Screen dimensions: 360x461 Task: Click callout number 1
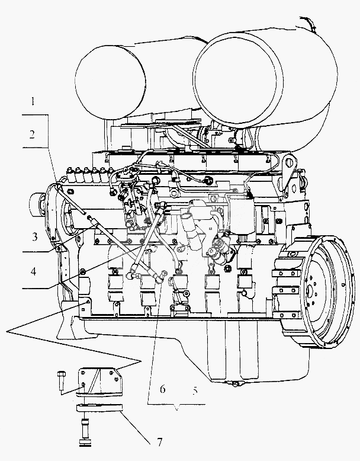tap(33, 102)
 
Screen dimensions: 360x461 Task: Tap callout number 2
tap(32, 135)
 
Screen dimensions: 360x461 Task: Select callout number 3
tap(35, 236)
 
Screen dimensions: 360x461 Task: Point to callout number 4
tap(34, 271)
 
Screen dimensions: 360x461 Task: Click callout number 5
tap(195, 390)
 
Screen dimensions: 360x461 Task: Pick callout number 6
tap(162, 389)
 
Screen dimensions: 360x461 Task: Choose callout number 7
tap(160, 441)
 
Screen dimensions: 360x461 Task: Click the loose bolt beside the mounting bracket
tap(61, 380)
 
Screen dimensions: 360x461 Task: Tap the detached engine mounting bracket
tap(99, 381)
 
